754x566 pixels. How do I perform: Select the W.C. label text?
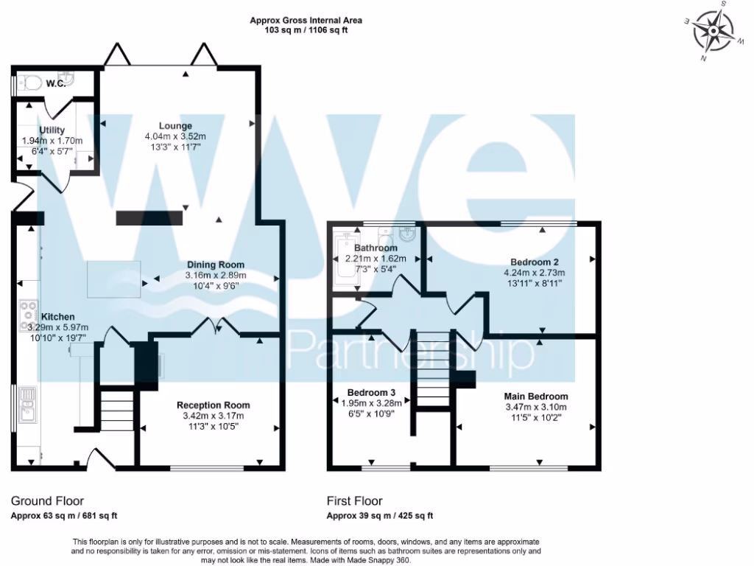[57, 83]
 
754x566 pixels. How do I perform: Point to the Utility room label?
[52, 130]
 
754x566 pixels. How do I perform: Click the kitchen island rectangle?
[115, 279]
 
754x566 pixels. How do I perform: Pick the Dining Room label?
[215, 265]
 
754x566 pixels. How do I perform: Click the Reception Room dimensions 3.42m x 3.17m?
[214, 416]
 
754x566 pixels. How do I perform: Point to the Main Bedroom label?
[535, 396]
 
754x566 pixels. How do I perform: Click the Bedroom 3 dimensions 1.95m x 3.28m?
[371, 402]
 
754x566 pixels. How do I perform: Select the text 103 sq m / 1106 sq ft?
[306, 31]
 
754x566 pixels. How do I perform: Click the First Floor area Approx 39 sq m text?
[379, 516]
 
